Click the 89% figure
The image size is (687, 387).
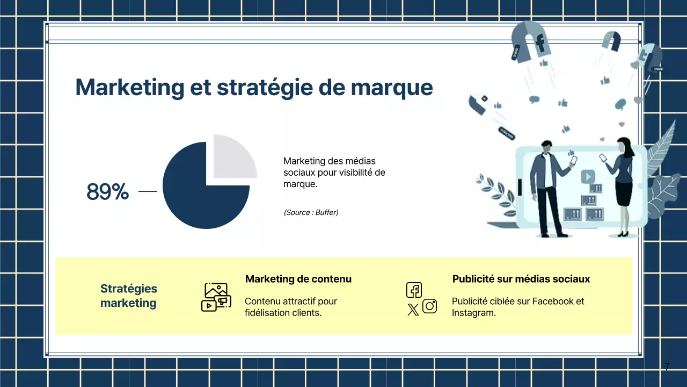tap(107, 192)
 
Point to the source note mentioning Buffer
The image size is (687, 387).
tap(311, 212)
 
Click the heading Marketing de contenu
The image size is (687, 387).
tap(298, 279)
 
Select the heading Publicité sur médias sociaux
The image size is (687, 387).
tap(521, 279)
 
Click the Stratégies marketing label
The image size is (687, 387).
tap(128, 296)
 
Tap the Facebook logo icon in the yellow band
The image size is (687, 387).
tap(414, 290)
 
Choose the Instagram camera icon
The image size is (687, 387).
tap(429, 306)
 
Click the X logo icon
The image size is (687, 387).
tap(413, 309)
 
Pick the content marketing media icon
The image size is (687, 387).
tap(216, 297)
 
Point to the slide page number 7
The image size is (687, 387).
tap(667, 368)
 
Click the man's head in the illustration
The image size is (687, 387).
tap(546, 146)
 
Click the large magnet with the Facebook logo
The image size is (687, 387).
tap(531, 40)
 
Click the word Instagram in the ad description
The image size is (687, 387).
tap(473, 312)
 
